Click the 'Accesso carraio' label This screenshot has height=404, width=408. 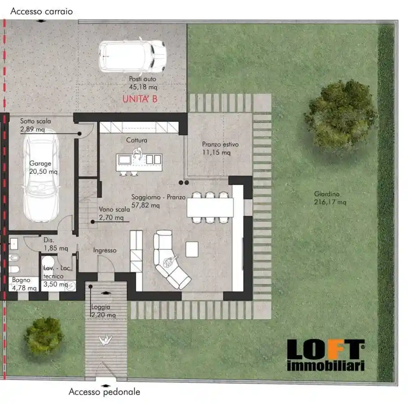click(42, 12)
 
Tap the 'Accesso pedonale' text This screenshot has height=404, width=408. click(104, 392)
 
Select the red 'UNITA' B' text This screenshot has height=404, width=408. click(140, 99)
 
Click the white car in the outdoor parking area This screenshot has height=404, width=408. click(132, 56)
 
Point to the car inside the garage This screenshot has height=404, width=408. click(41, 176)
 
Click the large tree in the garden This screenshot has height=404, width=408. click(340, 117)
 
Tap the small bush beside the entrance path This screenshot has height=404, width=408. click(44, 337)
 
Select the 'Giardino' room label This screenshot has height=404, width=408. click(327, 194)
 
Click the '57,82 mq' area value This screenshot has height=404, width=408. click(145, 206)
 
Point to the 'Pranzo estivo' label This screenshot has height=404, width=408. click(220, 144)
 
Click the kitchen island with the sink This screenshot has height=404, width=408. click(139, 162)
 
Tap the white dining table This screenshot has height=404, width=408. click(210, 207)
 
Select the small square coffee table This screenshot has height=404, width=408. click(192, 249)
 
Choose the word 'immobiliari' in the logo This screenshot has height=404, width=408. click(326, 365)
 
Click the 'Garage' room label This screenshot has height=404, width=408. click(40, 163)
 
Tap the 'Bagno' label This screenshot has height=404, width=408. click(21, 280)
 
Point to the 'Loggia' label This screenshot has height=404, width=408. click(101, 307)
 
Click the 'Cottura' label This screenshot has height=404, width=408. click(136, 141)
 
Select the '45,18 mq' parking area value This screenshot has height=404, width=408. click(143, 87)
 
